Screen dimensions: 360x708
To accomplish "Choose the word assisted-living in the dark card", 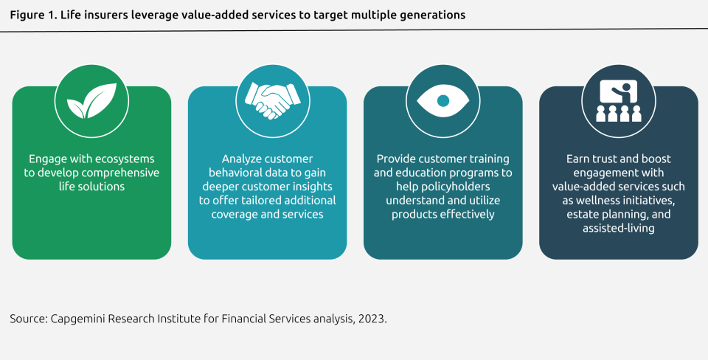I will [618, 229].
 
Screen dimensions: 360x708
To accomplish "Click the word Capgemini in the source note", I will [77, 319].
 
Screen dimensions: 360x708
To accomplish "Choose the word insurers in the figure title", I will [100, 15].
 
